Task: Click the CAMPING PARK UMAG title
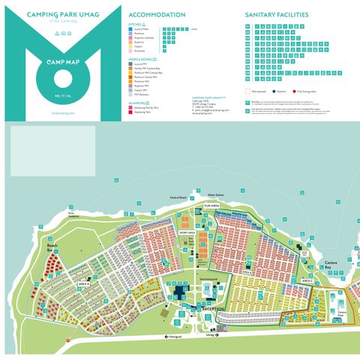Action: pos(61,13)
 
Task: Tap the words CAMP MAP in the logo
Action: pos(61,61)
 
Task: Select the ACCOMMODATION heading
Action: pos(157,15)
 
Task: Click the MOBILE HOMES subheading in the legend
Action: pos(141,58)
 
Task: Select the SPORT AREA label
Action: pos(187,232)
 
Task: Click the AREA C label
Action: pos(308,280)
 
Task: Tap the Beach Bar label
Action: pos(52,247)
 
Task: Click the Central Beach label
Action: pos(178,197)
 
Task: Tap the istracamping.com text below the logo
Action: pos(61,112)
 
